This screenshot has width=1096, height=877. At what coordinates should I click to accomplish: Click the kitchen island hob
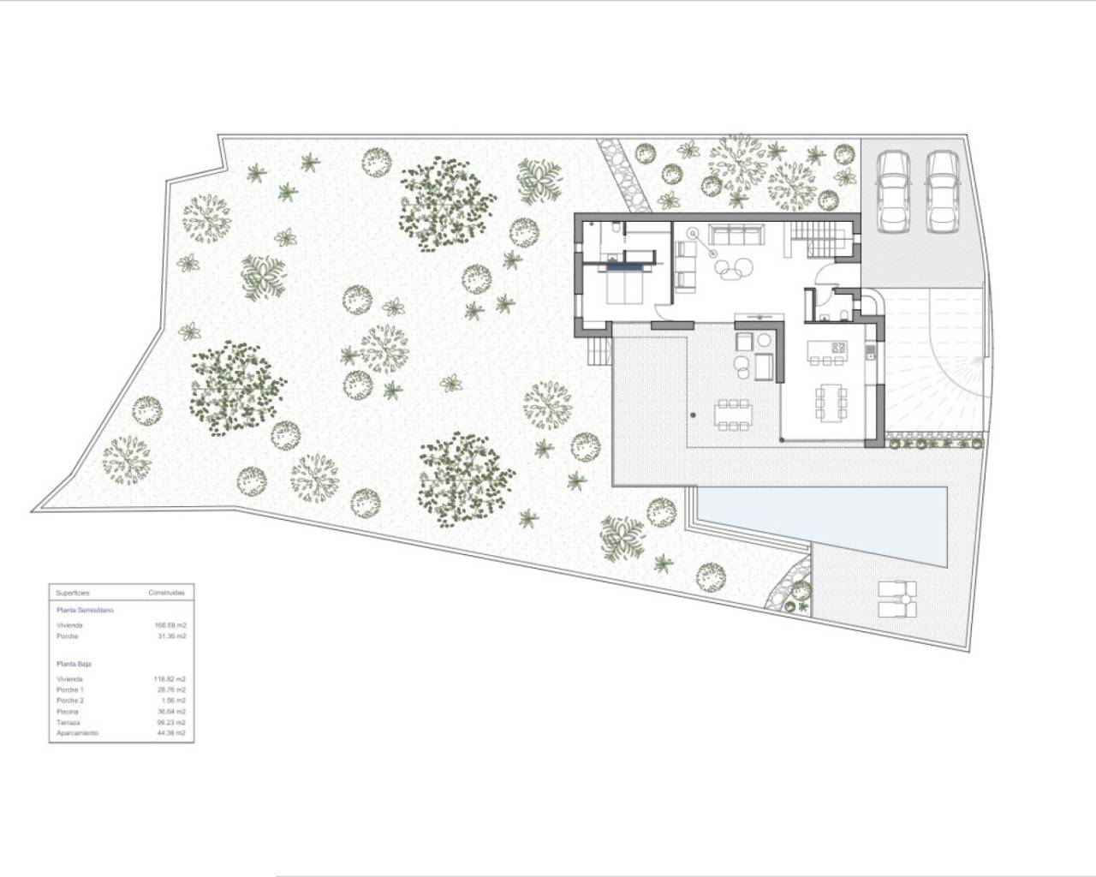coord(838,348)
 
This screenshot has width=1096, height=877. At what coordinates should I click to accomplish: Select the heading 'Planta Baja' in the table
coord(74,664)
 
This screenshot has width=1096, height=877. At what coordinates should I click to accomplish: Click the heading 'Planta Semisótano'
coord(84,611)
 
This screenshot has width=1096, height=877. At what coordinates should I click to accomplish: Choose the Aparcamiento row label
coord(77,734)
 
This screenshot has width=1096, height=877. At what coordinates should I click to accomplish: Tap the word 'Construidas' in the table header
coord(166,593)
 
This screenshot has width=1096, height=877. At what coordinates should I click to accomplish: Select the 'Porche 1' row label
coord(69,689)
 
